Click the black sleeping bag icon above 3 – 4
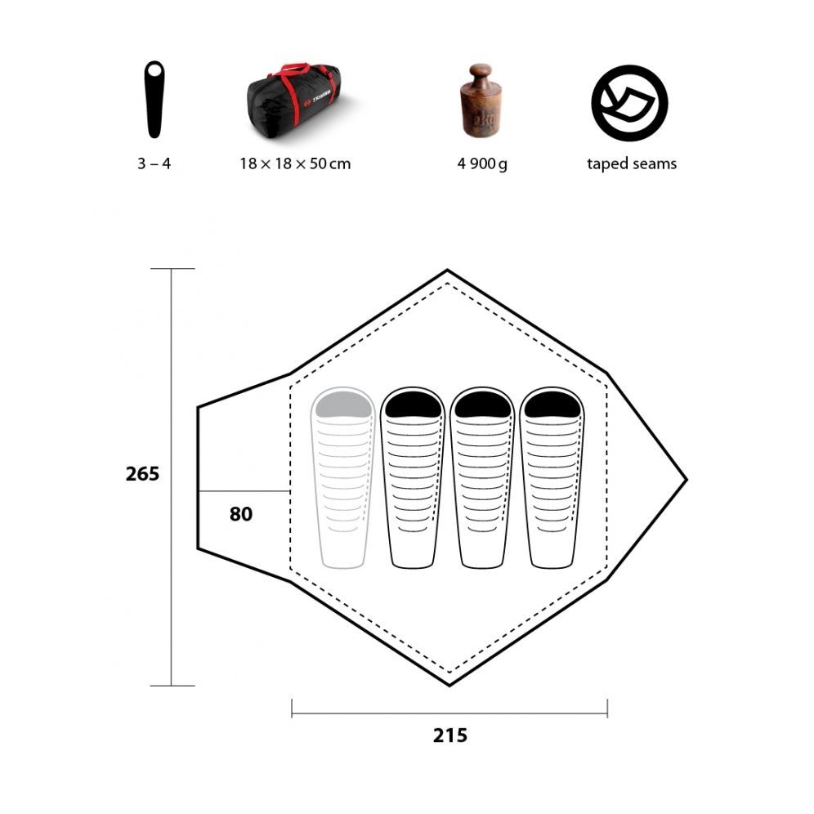(154, 100)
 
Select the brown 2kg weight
(481, 101)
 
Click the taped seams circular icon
(629, 103)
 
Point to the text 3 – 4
(154, 163)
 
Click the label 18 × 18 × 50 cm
(295, 163)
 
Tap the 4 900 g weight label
(481, 164)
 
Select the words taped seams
(632, 163)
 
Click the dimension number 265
(142, 474)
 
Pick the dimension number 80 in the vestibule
(241, 514)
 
